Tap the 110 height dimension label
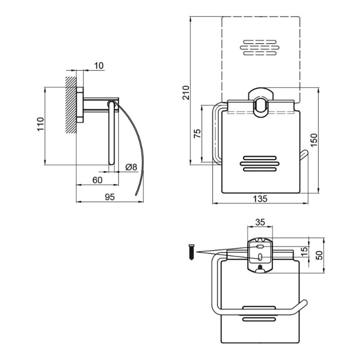pos(40,124)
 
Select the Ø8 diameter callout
pos(131,167)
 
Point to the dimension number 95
pos(109,197)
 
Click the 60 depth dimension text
pos(97,180)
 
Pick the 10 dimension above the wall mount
pos(99,66)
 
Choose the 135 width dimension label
pos(260,198)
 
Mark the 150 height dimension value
pos(314,140)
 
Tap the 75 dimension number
pos(197,134)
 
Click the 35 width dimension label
pos(260,222)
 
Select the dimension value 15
pos(304,252)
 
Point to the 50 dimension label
pos(319,255)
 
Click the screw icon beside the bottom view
pos(192,252)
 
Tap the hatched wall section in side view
pos(71,105)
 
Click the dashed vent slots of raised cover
pos(260,48)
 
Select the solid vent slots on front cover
pos(260,164)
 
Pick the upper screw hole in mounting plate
pos(260,247)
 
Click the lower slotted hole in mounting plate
pos(260,257)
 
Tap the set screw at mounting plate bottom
pos(260,267)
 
